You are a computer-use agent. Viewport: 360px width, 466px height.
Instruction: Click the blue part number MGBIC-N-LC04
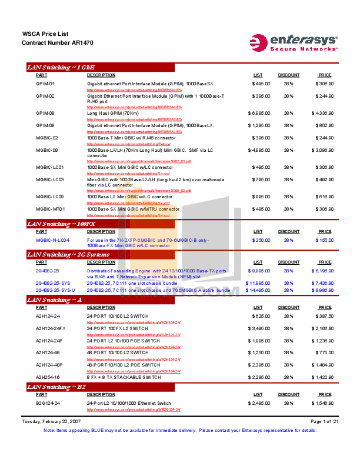[x=53, y=240]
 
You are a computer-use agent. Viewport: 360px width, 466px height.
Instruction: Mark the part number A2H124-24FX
[x=51, y=327]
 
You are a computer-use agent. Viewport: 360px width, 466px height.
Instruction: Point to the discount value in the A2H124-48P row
[x=289, y=365]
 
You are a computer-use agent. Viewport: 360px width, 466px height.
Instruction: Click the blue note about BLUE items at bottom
[x=180, y=430]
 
